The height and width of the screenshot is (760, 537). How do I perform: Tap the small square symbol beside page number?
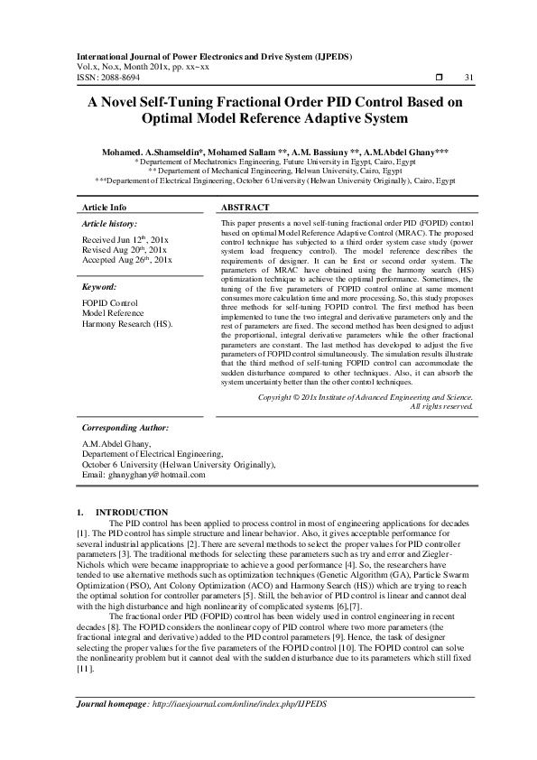click(x=437, y=79)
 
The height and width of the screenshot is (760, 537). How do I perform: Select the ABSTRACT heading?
click(x=245, y=207)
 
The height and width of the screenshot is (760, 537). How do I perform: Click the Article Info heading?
click(x=105, y=207)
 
